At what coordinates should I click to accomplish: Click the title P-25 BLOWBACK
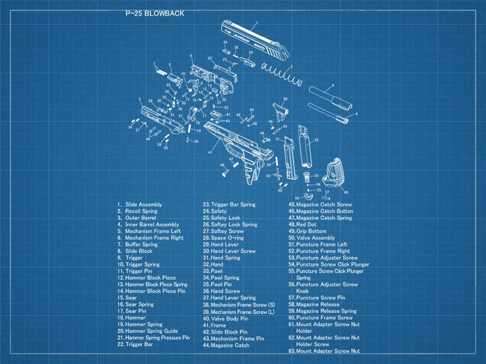(x=155, y=14)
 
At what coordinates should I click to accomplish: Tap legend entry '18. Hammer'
(x=131, y=318)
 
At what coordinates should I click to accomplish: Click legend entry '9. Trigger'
(x=131, y=258)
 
